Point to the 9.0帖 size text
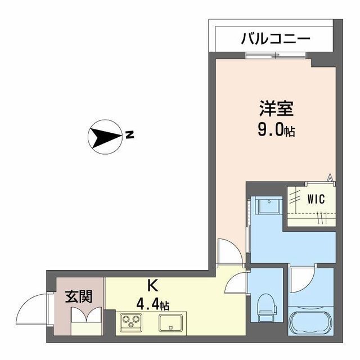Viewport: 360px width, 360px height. pos(276,131)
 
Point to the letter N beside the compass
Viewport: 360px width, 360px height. pos(129,135)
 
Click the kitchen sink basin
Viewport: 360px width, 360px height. pos(170,323)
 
